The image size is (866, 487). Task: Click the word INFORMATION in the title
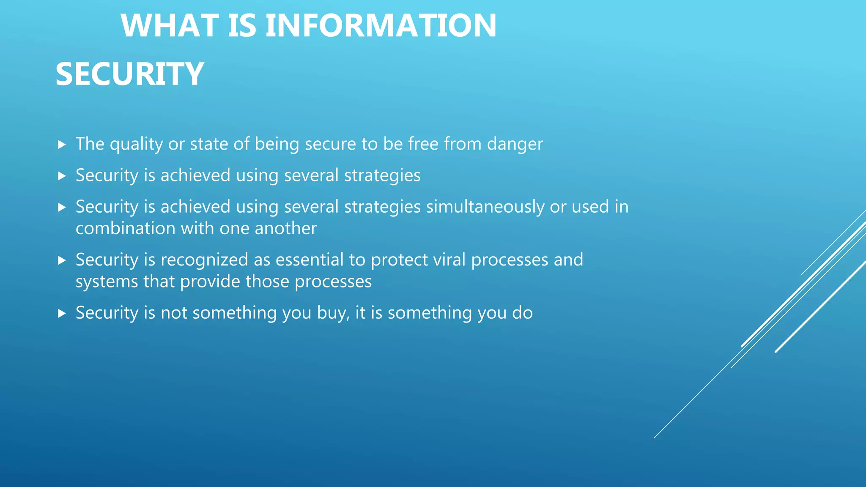pos(381,26)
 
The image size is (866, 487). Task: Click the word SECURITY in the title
pos(129,74)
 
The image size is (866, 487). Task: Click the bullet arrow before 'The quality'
pos(62,145)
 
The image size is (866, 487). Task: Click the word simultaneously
pos(485,207)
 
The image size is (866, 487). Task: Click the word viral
pos(449,260)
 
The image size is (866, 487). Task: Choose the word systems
pos(107,282)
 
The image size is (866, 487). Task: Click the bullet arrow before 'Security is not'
pos(62,314)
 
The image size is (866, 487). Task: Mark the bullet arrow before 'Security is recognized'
pos(62,260)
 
